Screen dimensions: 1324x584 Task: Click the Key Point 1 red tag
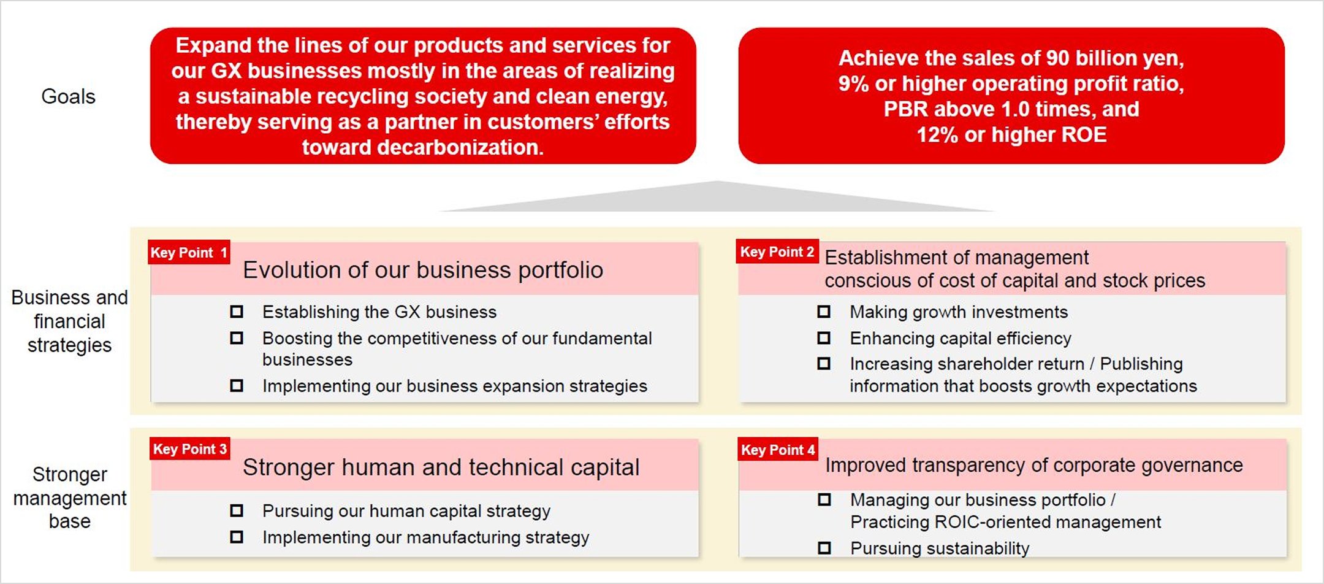(x=189, y=252)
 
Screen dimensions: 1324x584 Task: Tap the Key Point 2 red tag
(x=777, y=252)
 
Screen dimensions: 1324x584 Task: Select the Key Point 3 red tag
(x=190, y=449)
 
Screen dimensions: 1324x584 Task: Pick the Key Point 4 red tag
(x=778, y=450)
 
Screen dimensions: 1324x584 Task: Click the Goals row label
(x=69, y=96)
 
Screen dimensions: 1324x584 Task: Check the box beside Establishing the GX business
(x=237, y=312)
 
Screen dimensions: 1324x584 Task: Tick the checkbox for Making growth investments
(x=824, y=312)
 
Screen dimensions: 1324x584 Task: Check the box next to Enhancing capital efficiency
(x=824, y=338)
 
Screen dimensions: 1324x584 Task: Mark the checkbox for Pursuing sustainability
(x=824, y=548)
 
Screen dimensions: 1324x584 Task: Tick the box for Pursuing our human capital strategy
(x=237, y=510)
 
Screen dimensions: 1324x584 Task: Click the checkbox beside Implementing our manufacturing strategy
(x=237, y=537)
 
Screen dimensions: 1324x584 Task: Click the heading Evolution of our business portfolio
(x=423, y=270)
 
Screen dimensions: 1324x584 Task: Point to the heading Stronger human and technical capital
(x=441, y=467)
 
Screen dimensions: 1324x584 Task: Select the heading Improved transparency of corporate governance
(x=1034, y=466)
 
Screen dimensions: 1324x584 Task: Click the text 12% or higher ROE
(x=1011, y=134)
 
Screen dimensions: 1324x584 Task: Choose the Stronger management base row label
(x=70, y=498)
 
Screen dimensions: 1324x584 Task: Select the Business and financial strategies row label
(x=70, y=321)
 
